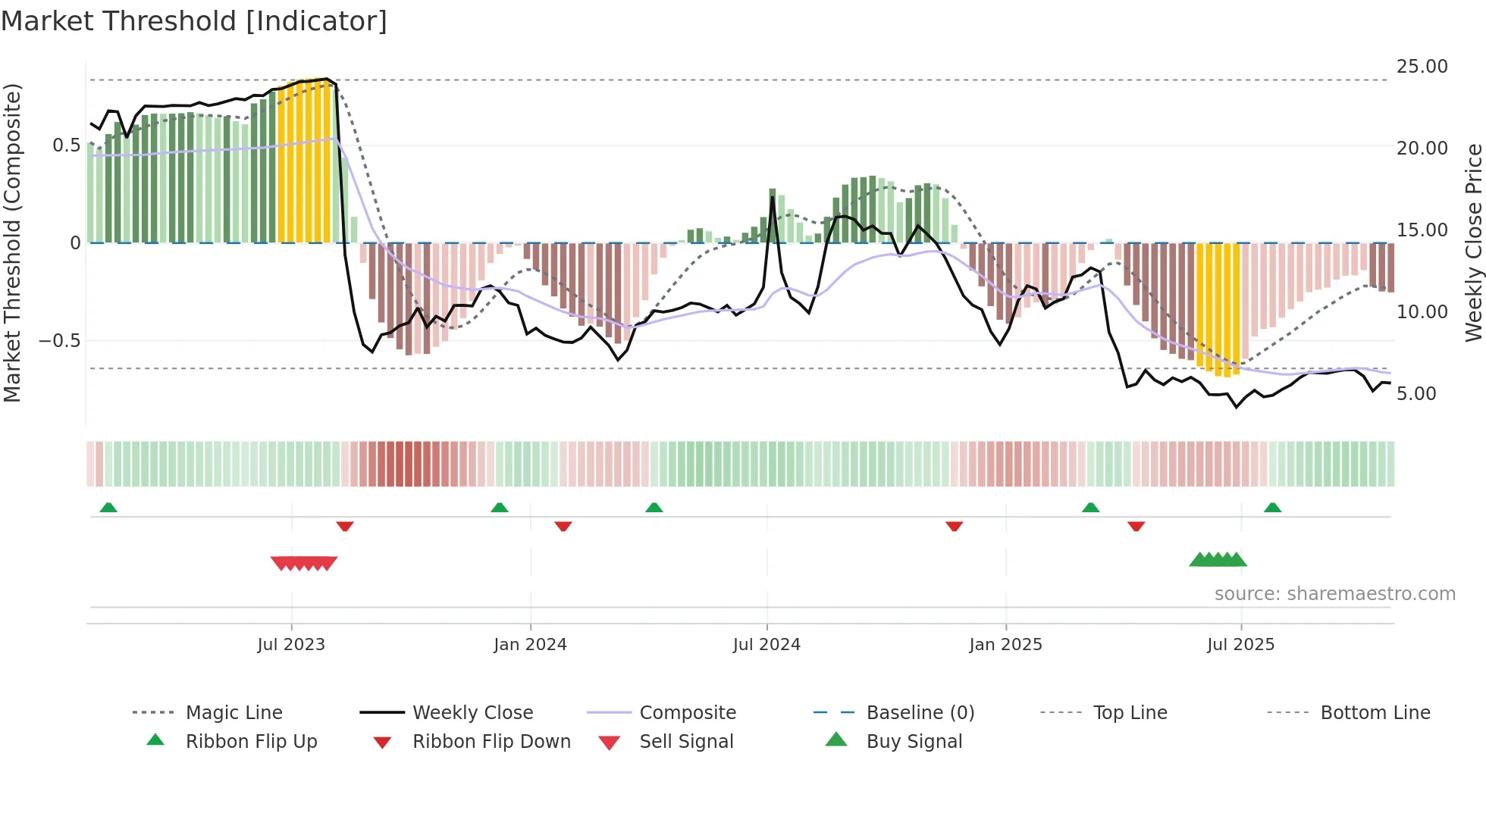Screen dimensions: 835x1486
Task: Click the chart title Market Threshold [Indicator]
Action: point(194,21)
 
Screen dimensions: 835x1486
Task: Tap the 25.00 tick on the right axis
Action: point(1422,67)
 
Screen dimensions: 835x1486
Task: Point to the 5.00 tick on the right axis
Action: point(1415,394)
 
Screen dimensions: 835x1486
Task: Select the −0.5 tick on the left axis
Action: point(59,341)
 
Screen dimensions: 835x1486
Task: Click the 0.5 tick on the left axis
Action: point(66,145)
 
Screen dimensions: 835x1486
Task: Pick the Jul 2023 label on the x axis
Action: point(291,645)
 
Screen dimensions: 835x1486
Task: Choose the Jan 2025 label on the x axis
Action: point(1005,645)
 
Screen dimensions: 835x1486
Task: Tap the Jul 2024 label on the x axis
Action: point(767,645)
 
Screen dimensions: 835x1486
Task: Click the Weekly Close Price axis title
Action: point(1473,242)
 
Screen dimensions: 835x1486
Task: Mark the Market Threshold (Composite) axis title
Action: point(12,242)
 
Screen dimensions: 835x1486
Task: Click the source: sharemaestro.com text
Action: point(1334,594)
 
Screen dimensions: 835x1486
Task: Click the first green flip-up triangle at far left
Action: point(108,508)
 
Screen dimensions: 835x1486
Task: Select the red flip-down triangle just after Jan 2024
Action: point(563,526)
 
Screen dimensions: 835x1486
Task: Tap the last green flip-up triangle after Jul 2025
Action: point(1272,508)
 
